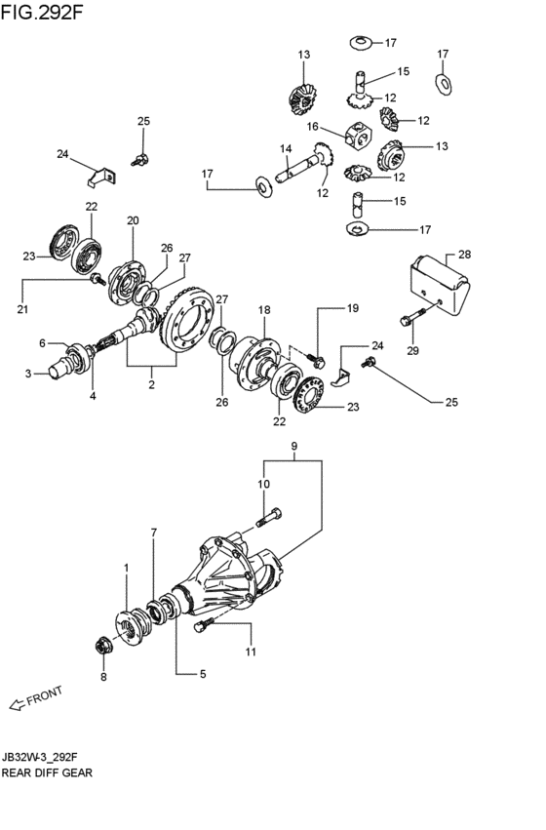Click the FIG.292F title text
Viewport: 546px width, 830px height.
42,12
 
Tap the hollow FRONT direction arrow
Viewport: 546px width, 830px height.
17,704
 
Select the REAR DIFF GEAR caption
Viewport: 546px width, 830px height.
47,772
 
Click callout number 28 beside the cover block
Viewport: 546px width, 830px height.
464,255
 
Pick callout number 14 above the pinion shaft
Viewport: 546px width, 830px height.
286,149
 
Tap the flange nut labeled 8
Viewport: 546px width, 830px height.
102,647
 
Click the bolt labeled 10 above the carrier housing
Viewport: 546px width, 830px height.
269,516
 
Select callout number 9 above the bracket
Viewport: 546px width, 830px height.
294,447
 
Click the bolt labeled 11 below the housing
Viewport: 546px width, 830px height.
204,624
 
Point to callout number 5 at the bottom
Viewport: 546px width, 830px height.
202,674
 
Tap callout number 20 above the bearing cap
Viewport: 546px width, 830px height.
133,220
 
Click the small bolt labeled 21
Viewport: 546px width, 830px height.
97,279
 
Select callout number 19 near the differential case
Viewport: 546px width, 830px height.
352,308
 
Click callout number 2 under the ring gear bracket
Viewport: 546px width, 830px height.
151,384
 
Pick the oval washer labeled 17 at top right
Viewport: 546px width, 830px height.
444,84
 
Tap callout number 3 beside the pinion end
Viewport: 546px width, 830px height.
28,374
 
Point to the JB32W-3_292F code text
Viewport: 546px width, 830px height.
42,757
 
